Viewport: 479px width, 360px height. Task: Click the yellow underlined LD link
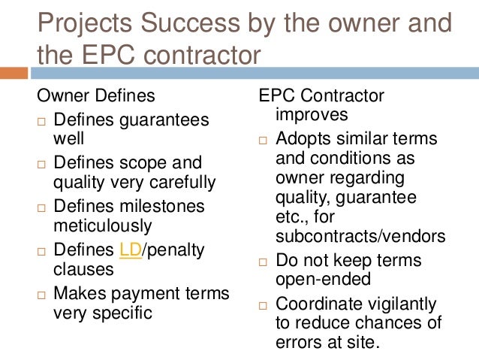130,249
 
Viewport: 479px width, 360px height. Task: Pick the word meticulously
102,225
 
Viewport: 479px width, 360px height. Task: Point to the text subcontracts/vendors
360,236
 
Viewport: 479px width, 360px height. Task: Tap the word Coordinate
318,304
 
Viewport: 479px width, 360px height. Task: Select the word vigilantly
403,304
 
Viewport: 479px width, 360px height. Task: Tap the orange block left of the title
13,73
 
